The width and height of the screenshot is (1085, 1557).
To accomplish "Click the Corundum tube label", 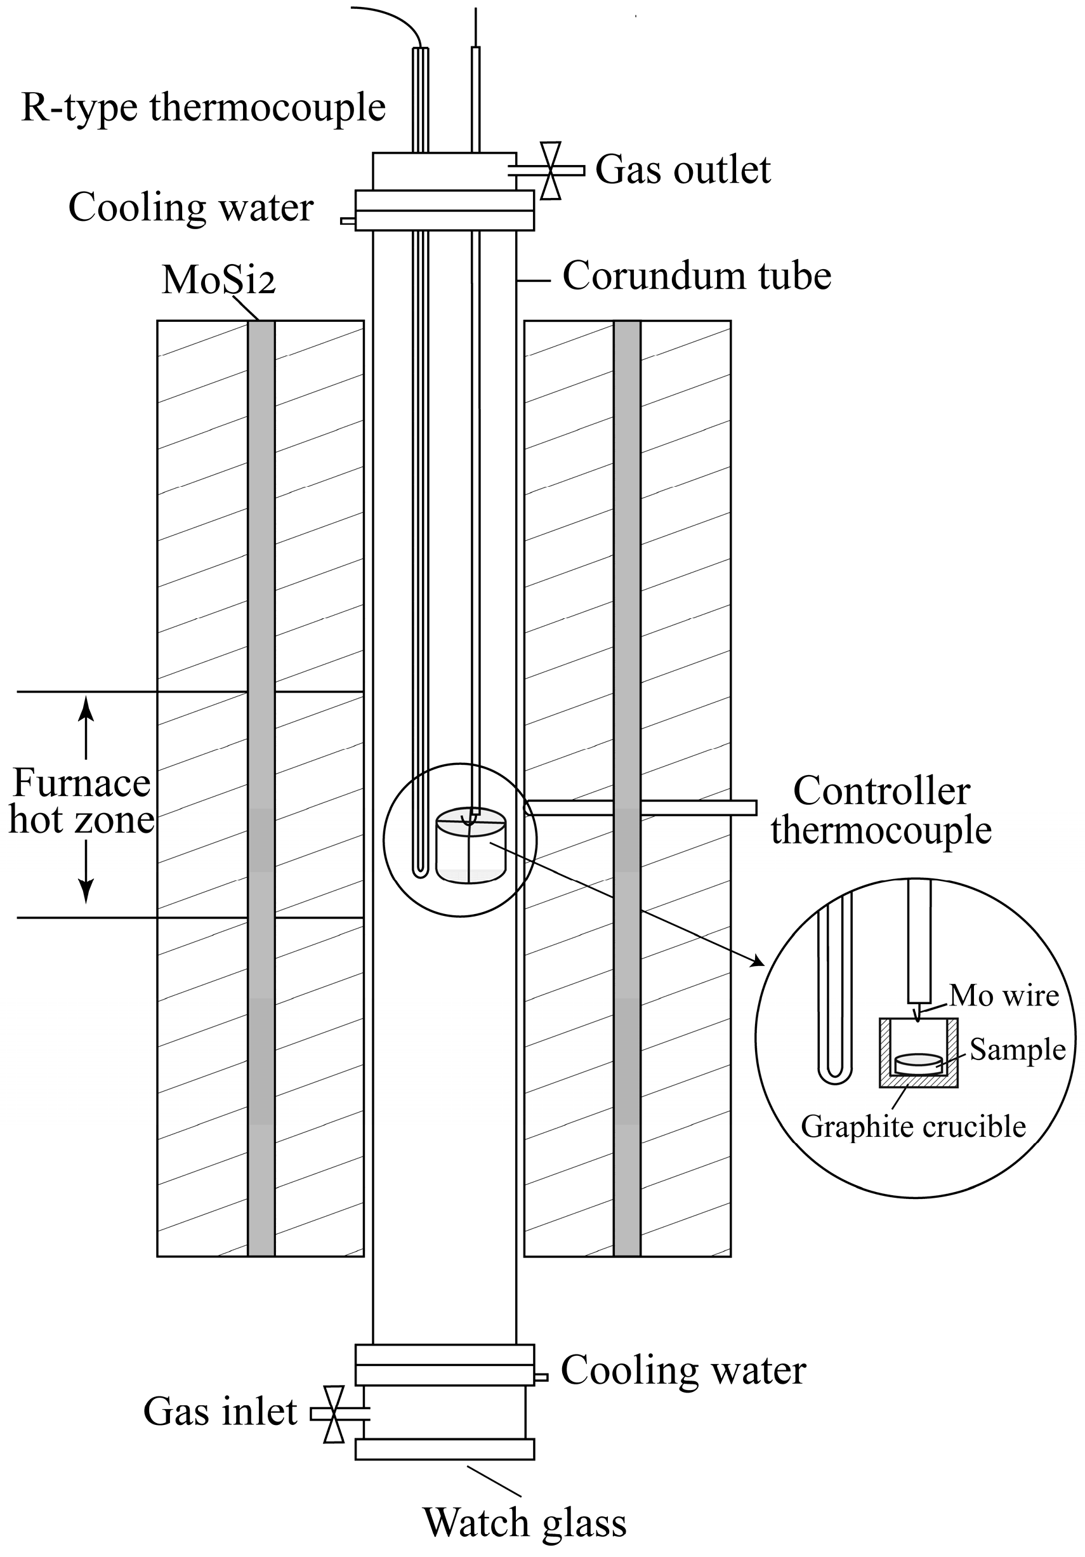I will (x=697, y=276).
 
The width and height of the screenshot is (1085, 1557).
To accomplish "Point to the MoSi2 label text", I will (x=218, y=279).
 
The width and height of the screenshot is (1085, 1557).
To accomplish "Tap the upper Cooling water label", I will (x=190, y=208).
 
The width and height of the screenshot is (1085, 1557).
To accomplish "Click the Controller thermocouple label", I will (x=881, y=811).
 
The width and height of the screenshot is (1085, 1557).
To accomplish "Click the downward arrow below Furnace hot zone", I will (x=86, y=889).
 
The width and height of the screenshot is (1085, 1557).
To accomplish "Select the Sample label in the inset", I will (x=1017, y=1049).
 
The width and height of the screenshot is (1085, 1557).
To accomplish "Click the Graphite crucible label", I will (x=913, y=1127).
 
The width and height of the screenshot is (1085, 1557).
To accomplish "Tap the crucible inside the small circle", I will (x=471, y=847).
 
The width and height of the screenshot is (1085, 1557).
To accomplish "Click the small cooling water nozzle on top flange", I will (x=348, y=221).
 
